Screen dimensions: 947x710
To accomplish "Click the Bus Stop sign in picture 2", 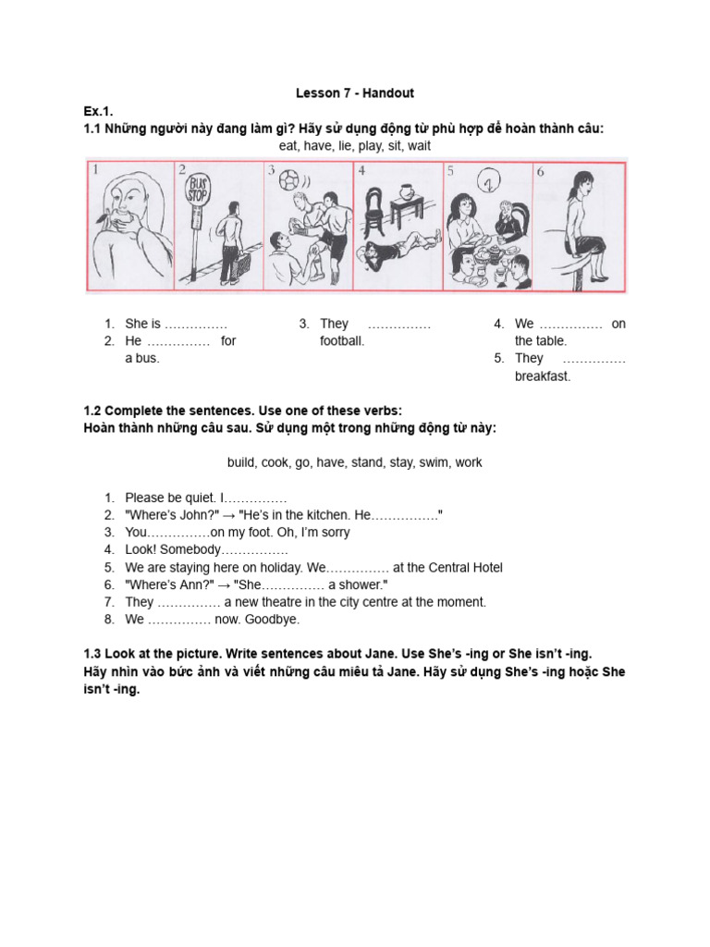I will click(x=197, y=191).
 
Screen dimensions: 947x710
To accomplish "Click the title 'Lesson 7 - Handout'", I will click(x=355, y=93).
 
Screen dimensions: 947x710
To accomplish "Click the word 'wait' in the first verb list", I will click(x=419, y=146).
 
